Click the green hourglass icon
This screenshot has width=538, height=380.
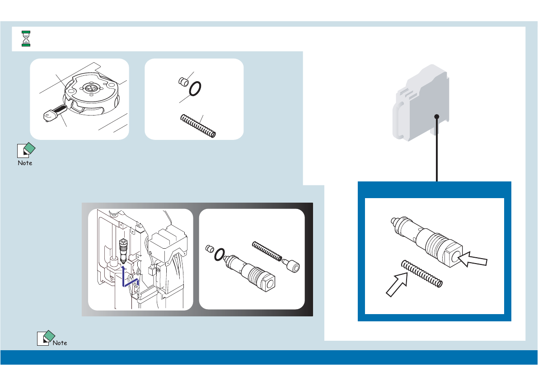coord(26,38)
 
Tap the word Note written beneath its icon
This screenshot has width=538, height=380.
coord(25,163)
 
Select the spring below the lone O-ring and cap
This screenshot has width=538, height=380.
coord(198,126)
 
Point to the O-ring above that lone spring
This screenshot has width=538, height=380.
coord(195,89)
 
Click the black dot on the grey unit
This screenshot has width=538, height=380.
coord(437,116)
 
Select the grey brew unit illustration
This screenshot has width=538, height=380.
coord(421,102)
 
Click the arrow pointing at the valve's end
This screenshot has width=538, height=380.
coord(473,260)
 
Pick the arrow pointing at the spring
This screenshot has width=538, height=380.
coord(397,284)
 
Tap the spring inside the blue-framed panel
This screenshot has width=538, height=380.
coord(422,273)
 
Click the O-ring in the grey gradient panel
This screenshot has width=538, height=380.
coord(220,254)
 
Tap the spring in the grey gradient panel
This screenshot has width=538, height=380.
coord(267,251)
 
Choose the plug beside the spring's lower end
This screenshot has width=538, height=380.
coord(291,265)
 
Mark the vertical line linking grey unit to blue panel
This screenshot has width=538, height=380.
coord(437,149)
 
